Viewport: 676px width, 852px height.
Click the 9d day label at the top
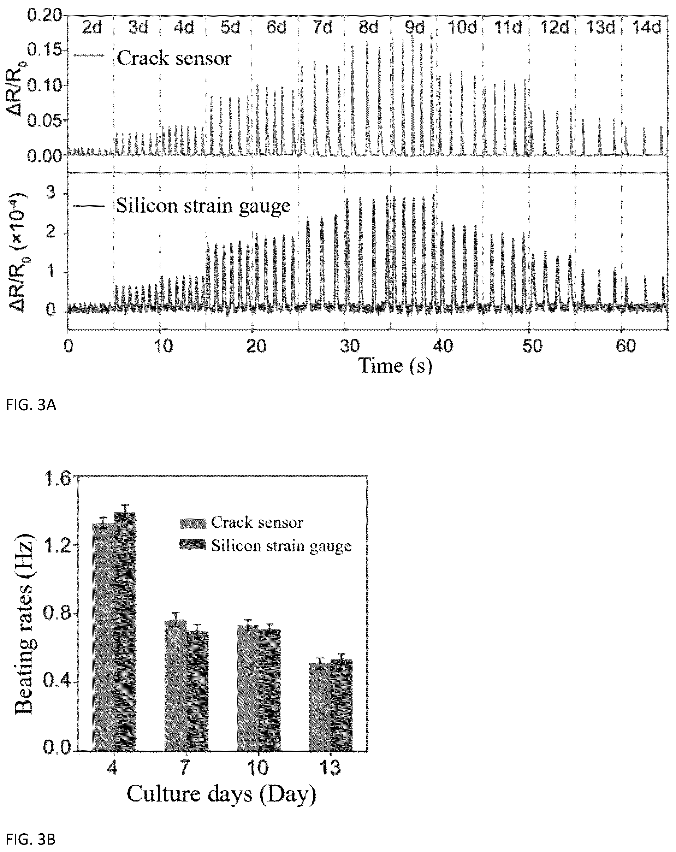(x=414, y=28)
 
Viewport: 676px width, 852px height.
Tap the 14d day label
(x=646, y=28)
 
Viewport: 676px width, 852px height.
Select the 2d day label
(x=92, y=28)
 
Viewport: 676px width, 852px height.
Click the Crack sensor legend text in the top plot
(x=174, y=59)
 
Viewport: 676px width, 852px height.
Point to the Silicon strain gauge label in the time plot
(x=203, y=206)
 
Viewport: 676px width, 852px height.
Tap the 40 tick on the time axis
(x=443, y=346)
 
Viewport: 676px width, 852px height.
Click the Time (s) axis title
(x=396, y=366)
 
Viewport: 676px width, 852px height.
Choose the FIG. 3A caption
(x=31, y=406)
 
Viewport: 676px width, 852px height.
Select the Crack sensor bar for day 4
(x=103, y=637)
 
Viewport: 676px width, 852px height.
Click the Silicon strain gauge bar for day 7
(x=197, y=691)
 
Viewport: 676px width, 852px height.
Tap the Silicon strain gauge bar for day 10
(x=270, y=690)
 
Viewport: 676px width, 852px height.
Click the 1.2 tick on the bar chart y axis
(x=57, y=545)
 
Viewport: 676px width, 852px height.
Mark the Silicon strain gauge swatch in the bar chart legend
(x=192, y=545)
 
